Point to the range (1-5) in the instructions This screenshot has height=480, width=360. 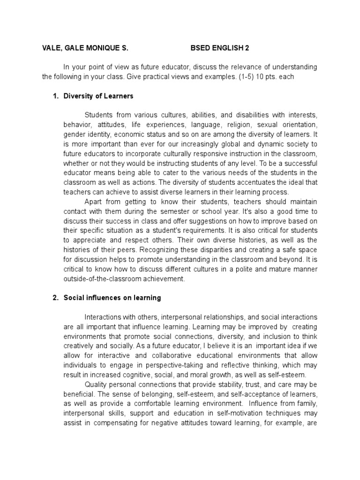tap(243, 77)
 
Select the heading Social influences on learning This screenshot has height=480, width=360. tap(112, 298)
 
